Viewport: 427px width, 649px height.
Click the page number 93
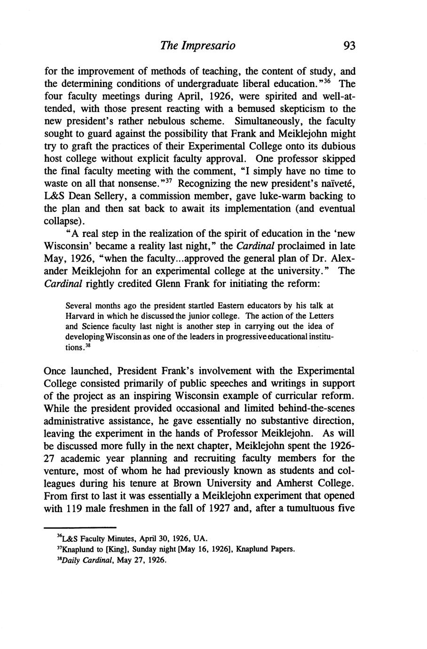[x=349, y=46]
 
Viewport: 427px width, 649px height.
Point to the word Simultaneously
[x=268, y=121]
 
